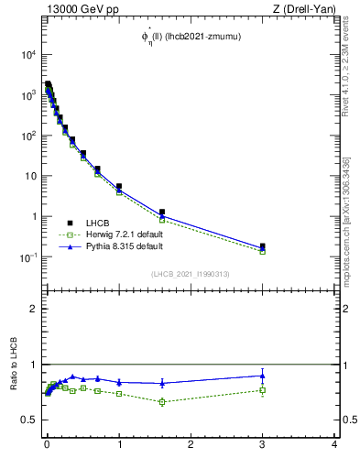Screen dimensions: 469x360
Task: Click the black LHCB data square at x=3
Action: pos(263,246)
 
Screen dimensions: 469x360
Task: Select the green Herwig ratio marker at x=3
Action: pos(263,390)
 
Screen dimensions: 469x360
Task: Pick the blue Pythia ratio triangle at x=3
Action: pos(263,375)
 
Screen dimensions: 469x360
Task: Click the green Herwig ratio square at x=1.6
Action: pos(162,401)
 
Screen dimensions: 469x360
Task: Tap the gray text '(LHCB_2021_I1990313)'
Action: pos(190,274)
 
